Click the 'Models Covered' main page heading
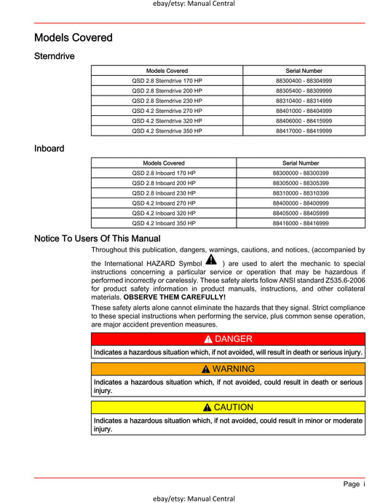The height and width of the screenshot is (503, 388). (74, 37)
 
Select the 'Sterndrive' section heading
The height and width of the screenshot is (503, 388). (55, 55)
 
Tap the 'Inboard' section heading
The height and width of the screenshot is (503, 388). (50, 149)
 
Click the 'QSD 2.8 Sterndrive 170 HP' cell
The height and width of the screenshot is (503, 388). (167, 80)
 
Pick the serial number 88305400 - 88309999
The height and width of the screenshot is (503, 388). (304, 90)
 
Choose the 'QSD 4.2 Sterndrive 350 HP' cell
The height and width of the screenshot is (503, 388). (167, 131)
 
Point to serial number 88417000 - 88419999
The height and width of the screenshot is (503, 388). (304, 131)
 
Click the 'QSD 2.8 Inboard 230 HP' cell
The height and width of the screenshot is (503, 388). (164, 193)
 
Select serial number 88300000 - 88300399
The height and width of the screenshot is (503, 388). (301, 173)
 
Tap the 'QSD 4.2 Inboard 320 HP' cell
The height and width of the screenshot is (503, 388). (164, 214)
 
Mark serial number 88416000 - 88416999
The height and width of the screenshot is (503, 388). (301, 224)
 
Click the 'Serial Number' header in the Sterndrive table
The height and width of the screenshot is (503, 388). (304, 71)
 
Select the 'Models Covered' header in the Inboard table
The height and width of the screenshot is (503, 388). (164, 163)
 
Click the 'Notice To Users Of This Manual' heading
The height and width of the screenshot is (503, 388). (98, 238)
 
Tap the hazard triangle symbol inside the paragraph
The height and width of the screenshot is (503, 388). (210, 260)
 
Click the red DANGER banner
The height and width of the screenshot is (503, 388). (228, 339)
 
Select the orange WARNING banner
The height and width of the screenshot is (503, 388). (228, 369)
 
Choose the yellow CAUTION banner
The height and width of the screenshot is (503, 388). (228, 407)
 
